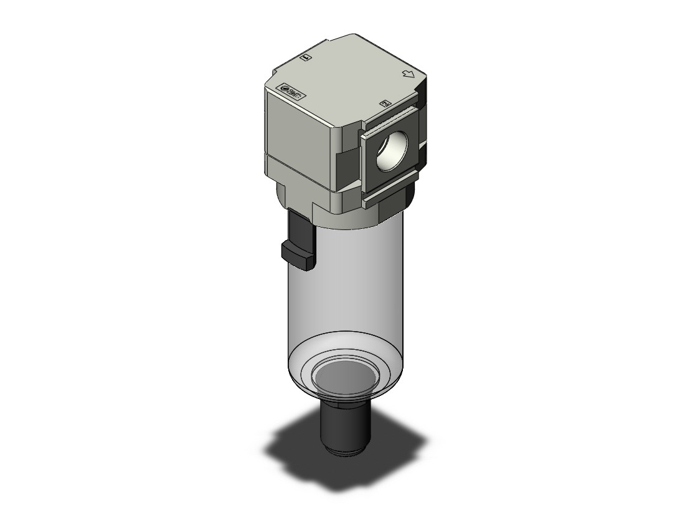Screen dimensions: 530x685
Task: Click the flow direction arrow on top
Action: tap(409, 75)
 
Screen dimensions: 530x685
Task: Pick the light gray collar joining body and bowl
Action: tap(349, 212)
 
